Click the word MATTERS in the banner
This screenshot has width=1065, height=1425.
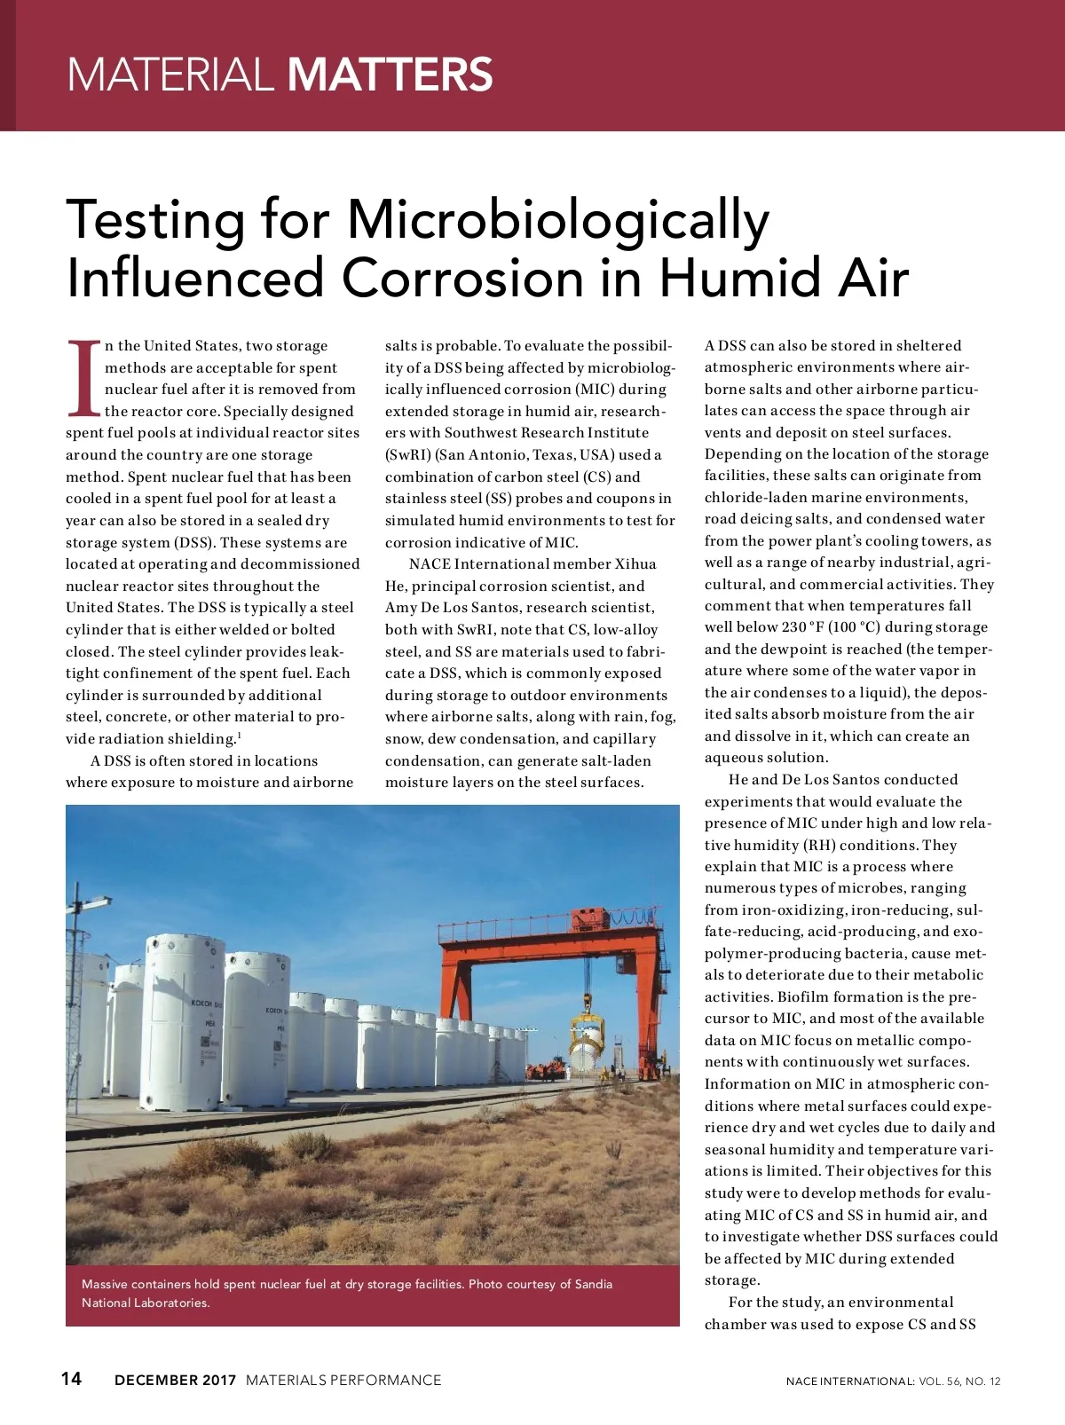click(390, 75)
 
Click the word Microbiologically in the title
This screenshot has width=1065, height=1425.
click(558, 220)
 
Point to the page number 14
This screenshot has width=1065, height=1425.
click(71, 1378)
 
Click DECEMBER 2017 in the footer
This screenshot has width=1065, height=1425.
click(176, 1380)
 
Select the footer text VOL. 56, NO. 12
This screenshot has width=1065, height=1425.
click(959, 1382)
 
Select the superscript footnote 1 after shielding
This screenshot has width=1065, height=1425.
click(239, 735)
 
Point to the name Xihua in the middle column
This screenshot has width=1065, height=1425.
click(635, 564)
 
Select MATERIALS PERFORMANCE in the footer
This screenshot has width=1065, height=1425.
click(343, 1380)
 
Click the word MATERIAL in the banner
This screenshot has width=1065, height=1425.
click(170, 75)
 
